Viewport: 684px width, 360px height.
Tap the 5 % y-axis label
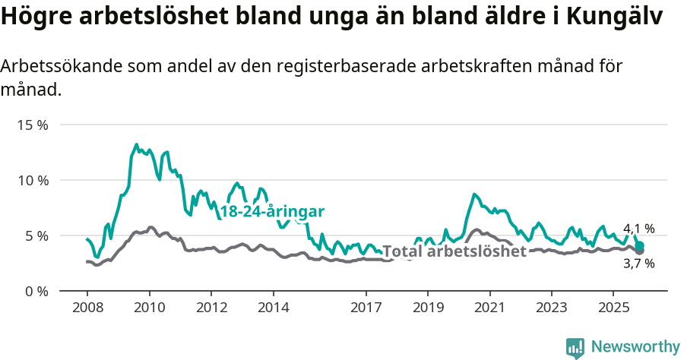click(x=36, y=235)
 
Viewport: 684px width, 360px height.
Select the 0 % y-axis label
click(x=36, y=291)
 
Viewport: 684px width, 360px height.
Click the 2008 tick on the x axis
click(x=87, y=308)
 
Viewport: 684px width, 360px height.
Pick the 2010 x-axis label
click(x=149, y=308)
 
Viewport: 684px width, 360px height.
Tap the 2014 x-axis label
click(x=273, y=308)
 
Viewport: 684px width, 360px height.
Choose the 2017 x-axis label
click(x=366, y=308)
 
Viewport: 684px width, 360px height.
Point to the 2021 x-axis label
click(x=489, y=308)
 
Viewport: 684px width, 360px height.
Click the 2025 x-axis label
click(x=613, y=308)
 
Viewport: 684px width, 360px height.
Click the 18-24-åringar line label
click(x=272, y=212)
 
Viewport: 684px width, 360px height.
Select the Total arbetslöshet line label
click(x=454, y=251)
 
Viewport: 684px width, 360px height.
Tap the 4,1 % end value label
click(x=638, y=229)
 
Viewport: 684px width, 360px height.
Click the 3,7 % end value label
click(x=638, y=264)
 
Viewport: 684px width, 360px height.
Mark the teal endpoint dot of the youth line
click(x=640, y=245)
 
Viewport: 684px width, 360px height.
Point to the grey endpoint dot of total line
click(x=640, y=251)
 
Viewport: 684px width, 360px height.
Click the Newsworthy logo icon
click(x=575, y=348)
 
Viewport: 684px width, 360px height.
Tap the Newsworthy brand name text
click(x=635, y=347)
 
